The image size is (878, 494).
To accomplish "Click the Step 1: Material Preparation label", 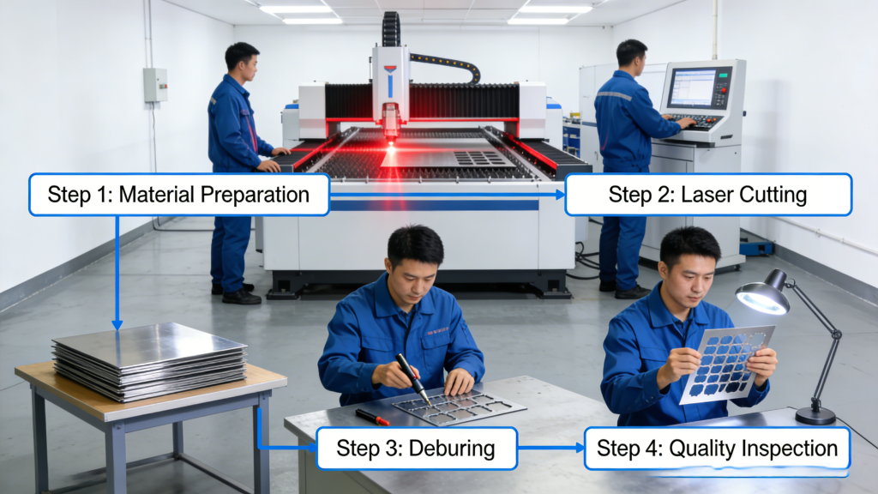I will [x=178, y=194].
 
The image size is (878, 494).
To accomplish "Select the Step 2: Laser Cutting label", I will [x=707, y=194].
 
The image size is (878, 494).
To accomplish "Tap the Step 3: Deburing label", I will [x=416, y=448].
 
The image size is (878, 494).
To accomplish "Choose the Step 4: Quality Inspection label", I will [x=717, y=448].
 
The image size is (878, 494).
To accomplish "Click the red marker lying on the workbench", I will [x=372, y=417].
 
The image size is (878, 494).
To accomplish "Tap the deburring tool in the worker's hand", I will [x=412, y=378].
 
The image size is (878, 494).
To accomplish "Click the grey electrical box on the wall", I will [x=154, y=85].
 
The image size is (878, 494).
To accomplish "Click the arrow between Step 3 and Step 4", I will [x=550, y=448].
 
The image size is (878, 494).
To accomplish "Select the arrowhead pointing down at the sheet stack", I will [x=117, y=323].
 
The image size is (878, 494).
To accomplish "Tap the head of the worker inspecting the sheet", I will [x=689, y=256].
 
